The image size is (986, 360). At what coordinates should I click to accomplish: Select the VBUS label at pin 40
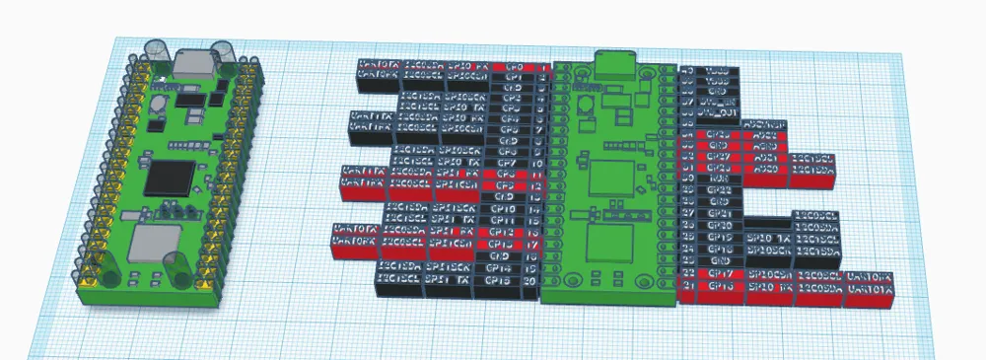718,72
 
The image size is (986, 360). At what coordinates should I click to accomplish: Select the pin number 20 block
531,281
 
